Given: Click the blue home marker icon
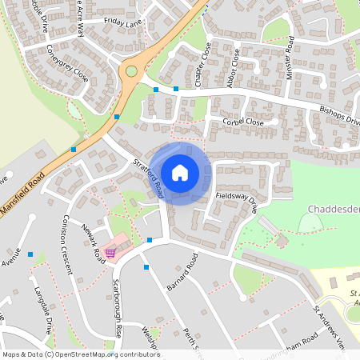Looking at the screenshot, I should [x=180, y=173].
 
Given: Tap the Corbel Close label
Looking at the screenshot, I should [x=244, y=122].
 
